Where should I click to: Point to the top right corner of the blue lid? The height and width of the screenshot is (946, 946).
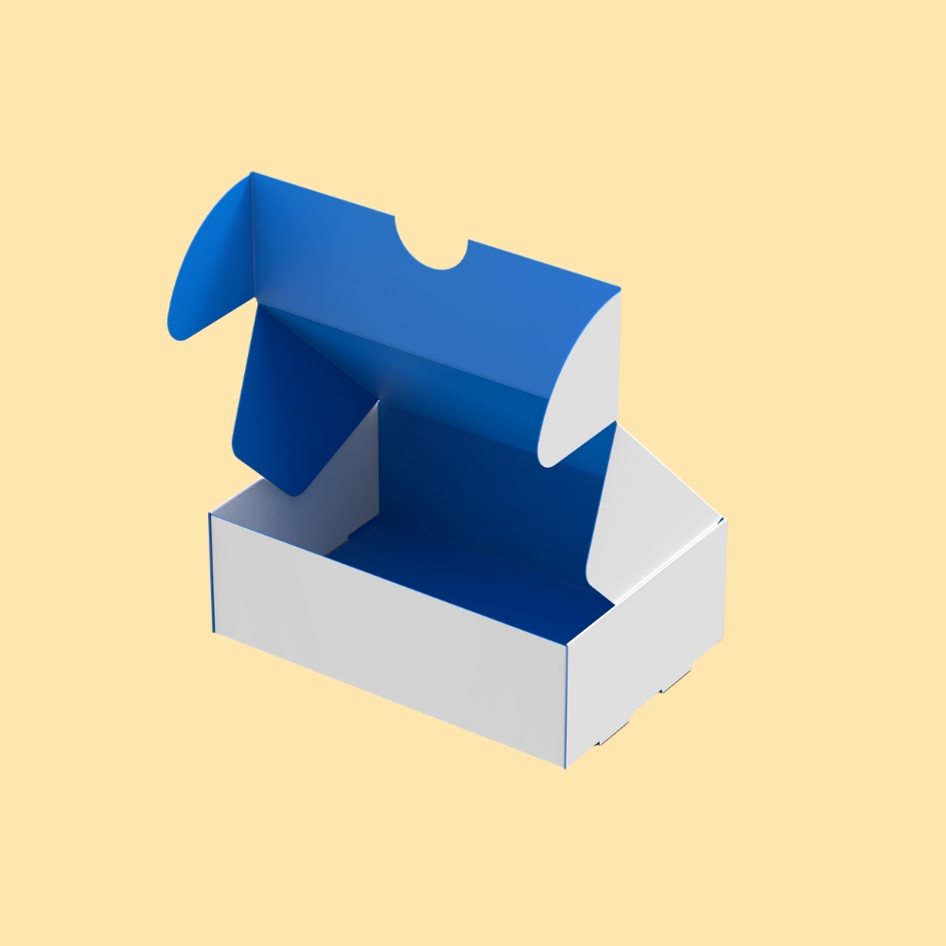coord(620,289)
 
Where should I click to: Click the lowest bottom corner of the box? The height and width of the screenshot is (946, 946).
coord(566,767)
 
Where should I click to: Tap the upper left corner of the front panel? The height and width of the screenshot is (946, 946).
coord(210,516)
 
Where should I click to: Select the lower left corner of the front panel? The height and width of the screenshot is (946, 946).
coord(215,632)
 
